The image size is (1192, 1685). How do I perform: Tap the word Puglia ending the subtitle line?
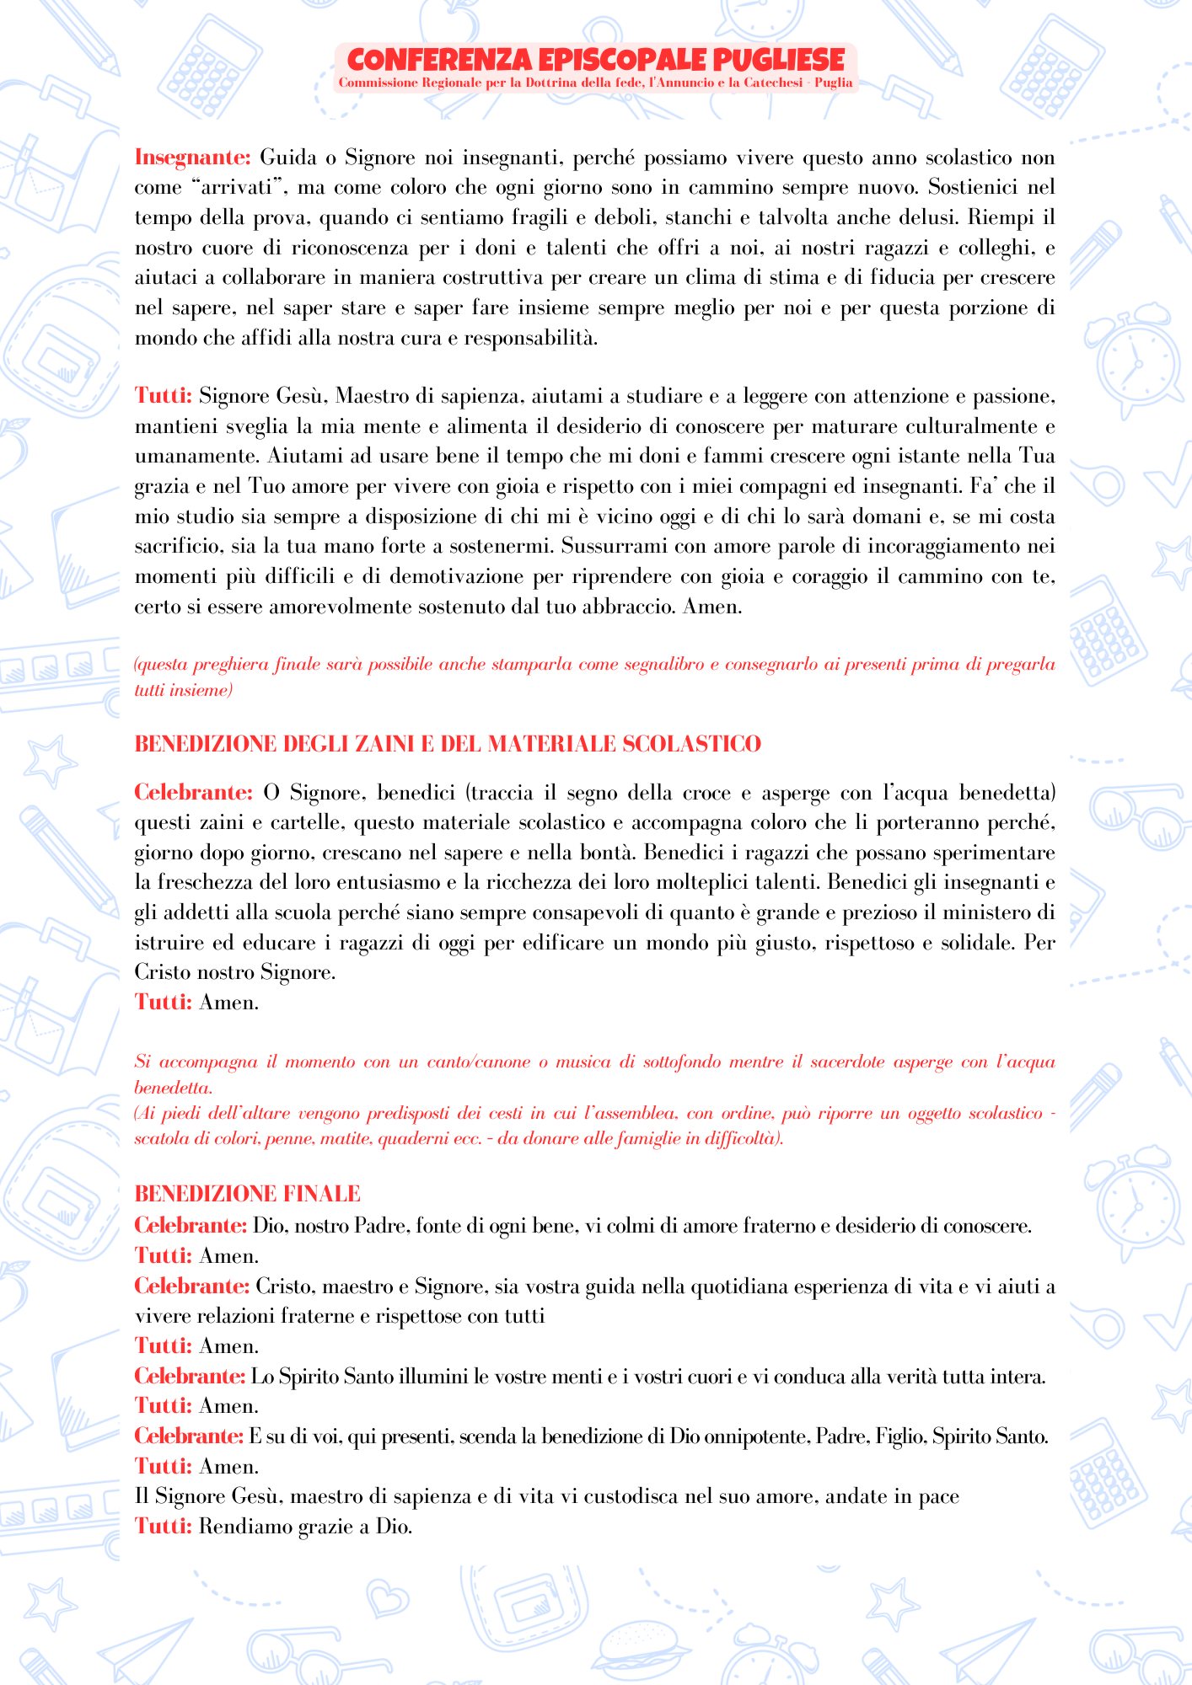(x=833, y=83)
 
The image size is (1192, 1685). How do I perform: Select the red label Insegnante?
(x=193, y=158)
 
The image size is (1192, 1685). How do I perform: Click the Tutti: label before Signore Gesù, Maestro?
(x=164, y=396)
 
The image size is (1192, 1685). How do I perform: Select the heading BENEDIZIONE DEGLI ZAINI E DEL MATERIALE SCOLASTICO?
(x=448, y=744)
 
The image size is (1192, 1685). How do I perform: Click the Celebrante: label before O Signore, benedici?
(x=193, y=793)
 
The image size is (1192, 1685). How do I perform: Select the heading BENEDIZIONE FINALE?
(x=247, y=1194)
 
